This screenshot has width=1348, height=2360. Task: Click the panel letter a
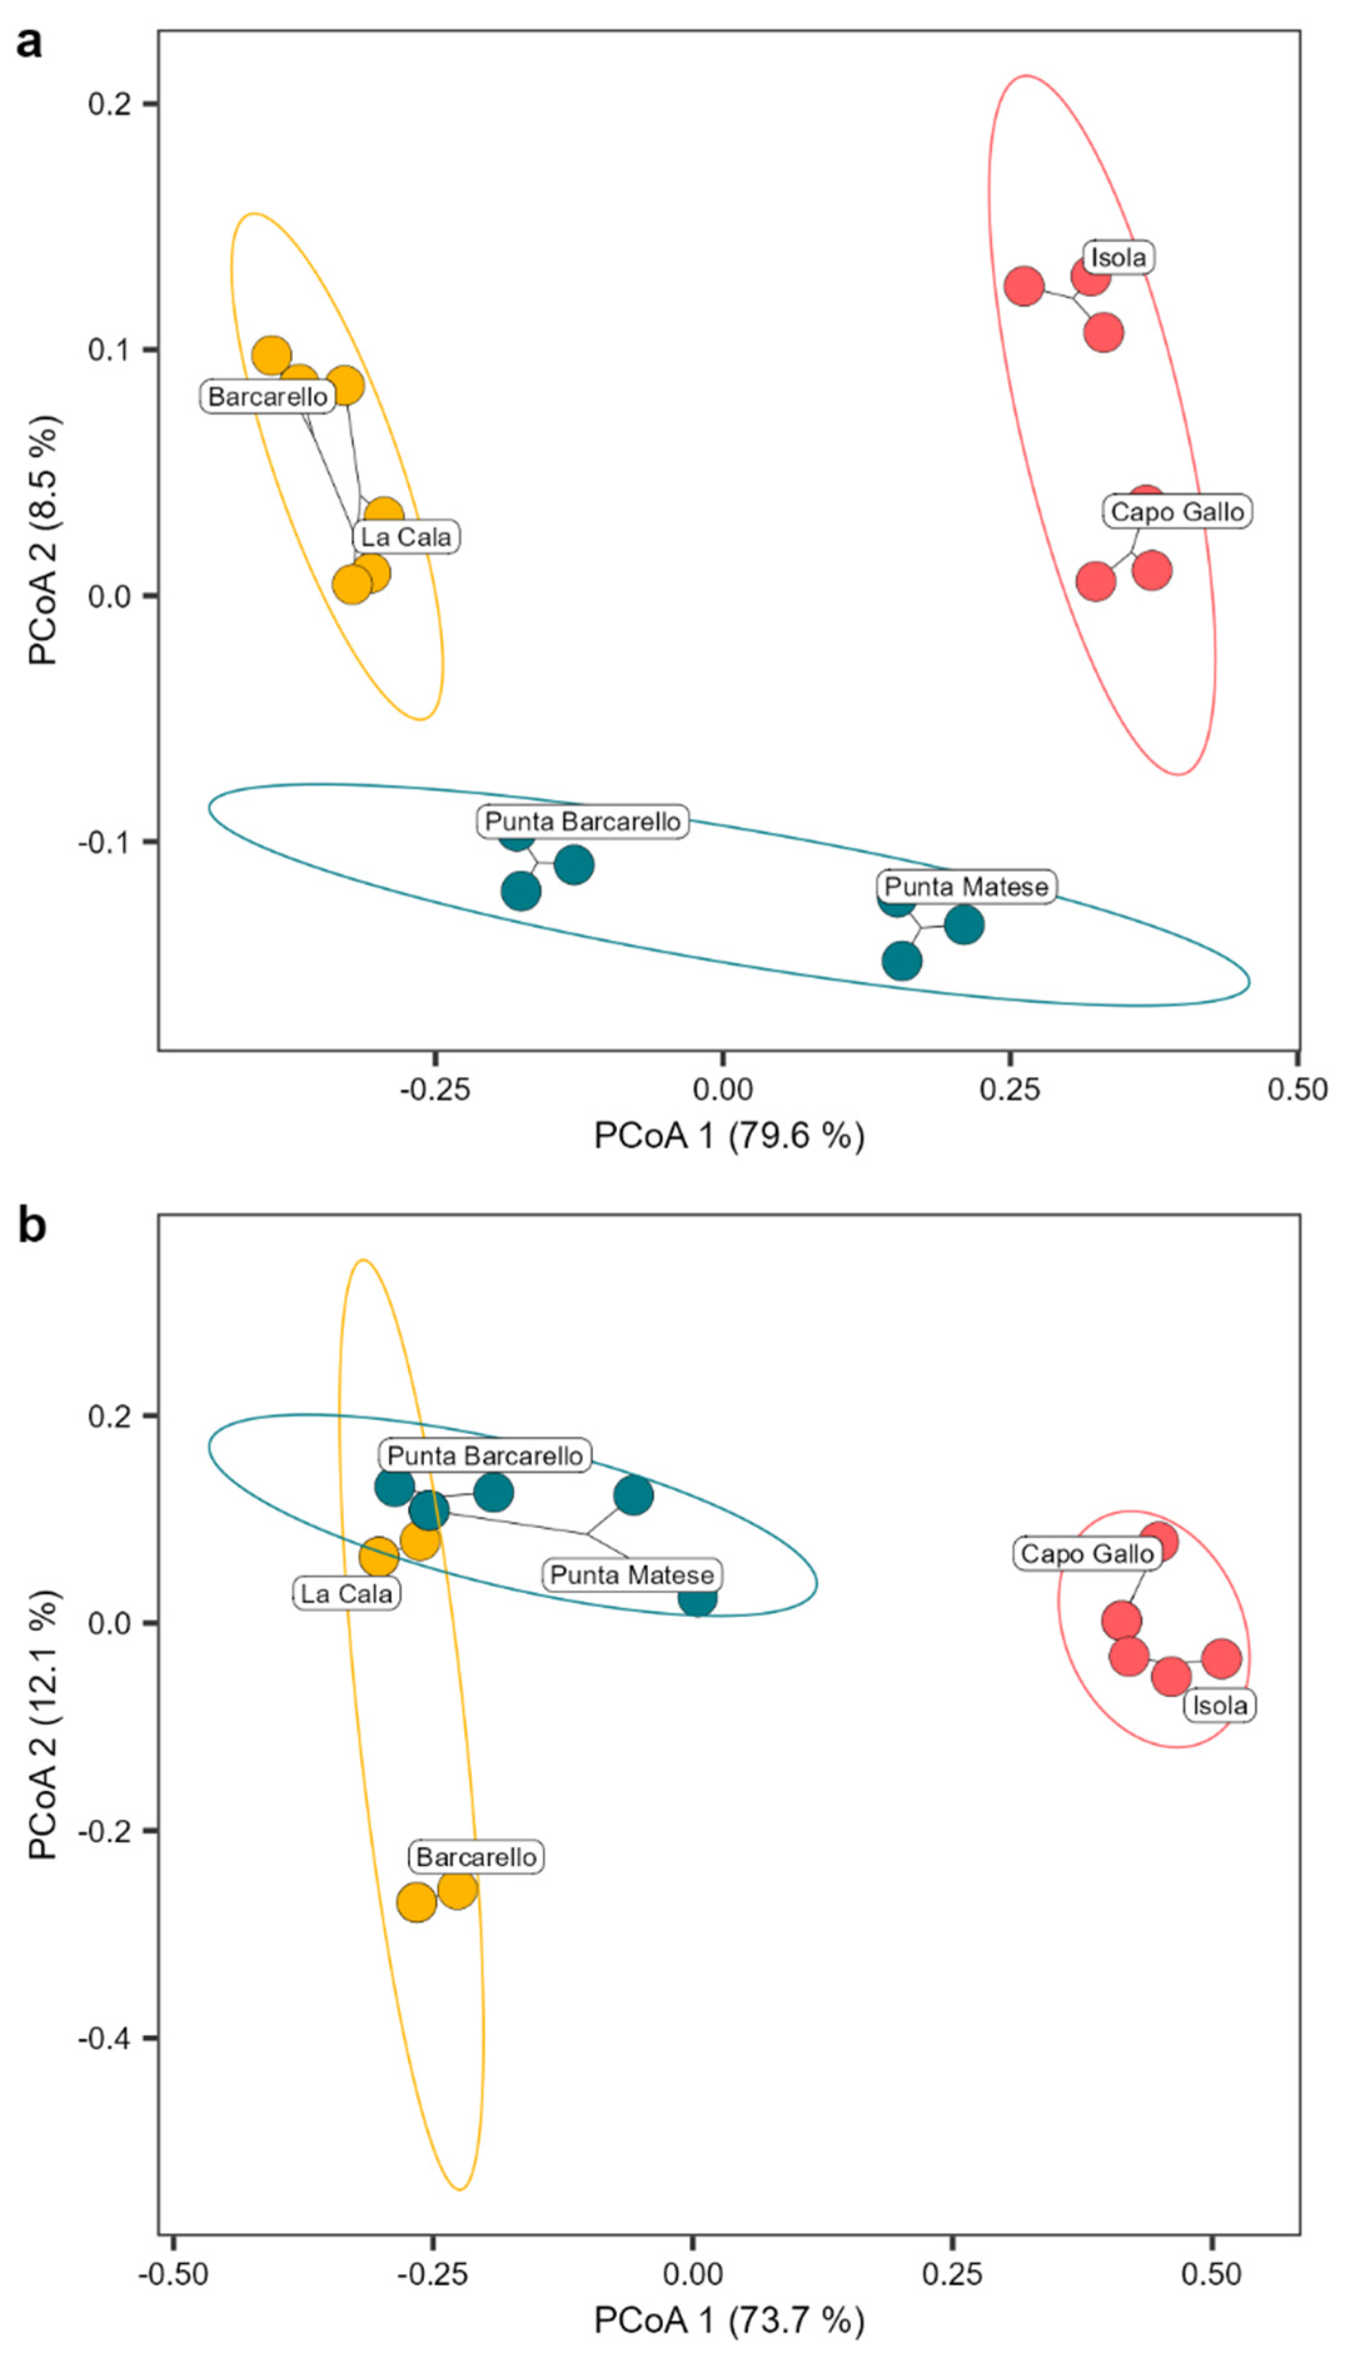[x=29, y=42]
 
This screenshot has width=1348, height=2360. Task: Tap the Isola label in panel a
[x=1118, y=257]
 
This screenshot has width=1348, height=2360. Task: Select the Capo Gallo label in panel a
[x=1177, y=511]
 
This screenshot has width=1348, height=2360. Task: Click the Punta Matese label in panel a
[x=966, y=886]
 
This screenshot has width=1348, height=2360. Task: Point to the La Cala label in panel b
[x=347, y=1593]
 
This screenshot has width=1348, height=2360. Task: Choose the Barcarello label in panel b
[x=476, y=1875]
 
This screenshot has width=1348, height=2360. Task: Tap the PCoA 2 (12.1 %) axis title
[x=44, y=1725]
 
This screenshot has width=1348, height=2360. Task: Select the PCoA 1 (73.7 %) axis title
[x=729, y=2320]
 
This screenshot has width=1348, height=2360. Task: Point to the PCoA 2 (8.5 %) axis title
[x=44, y=540]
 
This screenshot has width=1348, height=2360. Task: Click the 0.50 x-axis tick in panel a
[x=1297, y=1089]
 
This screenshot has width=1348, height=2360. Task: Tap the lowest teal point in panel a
[x=902, y=960]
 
